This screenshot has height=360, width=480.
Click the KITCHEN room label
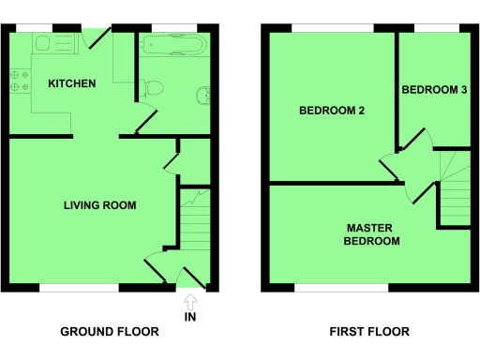(x=72, y=83)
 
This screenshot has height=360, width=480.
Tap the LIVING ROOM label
(x=99, y=205)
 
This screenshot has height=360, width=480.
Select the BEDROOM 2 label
(x=331, y=111)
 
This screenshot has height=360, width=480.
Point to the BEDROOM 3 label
(x=434, y=90)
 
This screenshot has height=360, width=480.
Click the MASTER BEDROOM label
(x=372, y=234)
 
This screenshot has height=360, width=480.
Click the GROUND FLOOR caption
(x=110, y=332)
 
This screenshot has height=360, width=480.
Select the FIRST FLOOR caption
(x=369, y=332)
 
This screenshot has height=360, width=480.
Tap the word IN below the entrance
(x=190, y=319)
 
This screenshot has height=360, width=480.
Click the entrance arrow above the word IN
(x=190, y=302)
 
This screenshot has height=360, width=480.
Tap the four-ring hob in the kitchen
(x=18, y=81)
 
